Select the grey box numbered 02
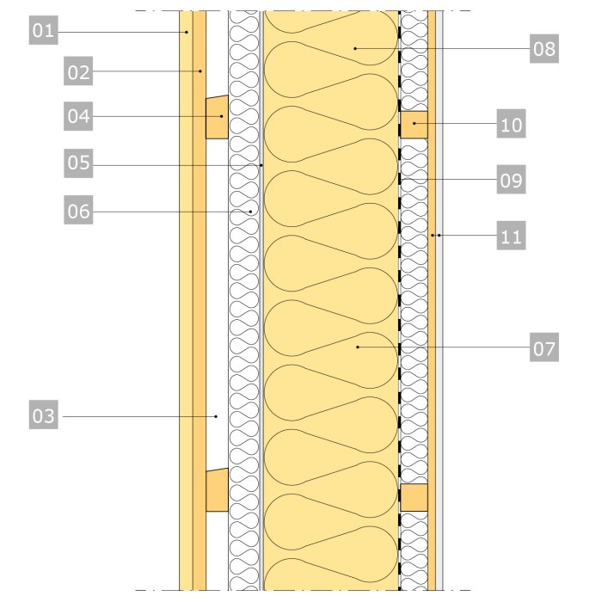click(78, 72)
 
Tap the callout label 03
click(43, 417)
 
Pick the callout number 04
click(78, 116)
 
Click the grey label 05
click(78, 163)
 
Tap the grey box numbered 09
click(511, 181)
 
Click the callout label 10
click(511, 126)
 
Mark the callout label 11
click(511, 236)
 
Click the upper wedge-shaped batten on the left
click(217, 117)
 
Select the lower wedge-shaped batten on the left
click(217, 490)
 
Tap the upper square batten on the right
click(414, 125)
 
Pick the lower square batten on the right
click(414, 497)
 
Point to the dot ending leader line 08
click(354, 49)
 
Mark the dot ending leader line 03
click(216, 417)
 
